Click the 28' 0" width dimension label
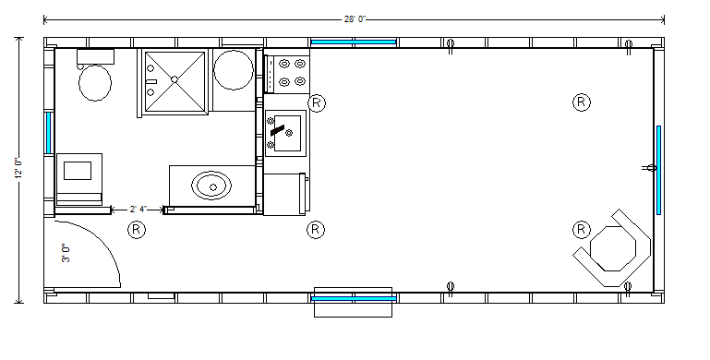click(x=355, y=19)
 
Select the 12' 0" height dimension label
click(x=18, y=168)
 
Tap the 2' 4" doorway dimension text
click(x=138, y=210)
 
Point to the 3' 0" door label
click(x=66, y=253)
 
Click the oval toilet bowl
click(x=95, y=83)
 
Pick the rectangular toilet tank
click(x=95, y=56)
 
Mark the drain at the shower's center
click(x=174, y=79)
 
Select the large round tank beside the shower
click(x=234, y=70)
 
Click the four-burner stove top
click(x=287, y=74)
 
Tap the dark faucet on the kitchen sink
click(x=277, y=130)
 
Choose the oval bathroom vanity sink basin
click(x=211, y=186)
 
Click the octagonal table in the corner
click(x=613, y=248)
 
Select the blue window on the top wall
click(x=354, y=42)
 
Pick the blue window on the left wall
click(x=48, y=133)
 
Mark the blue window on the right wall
click(x=658, y=170)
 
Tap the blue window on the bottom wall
click(x=354, y=298)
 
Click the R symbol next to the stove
click(x=317, y=102)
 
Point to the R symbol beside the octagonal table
click(x=582, y=230)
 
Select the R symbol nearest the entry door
click(x=137, y=230)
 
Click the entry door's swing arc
click(x=102, y=241)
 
